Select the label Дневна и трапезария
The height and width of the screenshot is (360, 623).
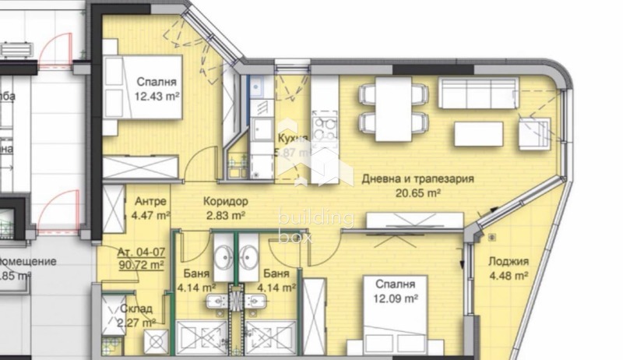tap(418, 178)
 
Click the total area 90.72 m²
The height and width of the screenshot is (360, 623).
tap(140, 265)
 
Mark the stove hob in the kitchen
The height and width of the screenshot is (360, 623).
tap(323, 125)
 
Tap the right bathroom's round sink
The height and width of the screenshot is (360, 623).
tap(251, 257)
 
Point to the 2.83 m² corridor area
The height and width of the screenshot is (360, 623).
tap(226, 214)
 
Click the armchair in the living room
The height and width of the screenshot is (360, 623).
tap(535, 130)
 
